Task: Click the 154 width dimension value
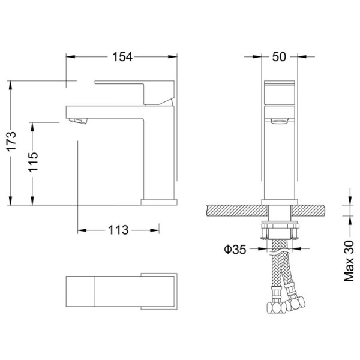coord(122,57)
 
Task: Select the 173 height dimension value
coord(11,141)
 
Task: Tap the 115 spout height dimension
coord(33,162)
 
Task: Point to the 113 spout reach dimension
coord(118,230)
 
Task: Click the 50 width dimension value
coord(279,57)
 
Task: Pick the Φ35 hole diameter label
coord(235,250)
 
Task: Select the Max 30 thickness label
coord(349,261)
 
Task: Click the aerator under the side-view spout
coord(79,121)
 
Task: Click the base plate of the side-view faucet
coord(159,202)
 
